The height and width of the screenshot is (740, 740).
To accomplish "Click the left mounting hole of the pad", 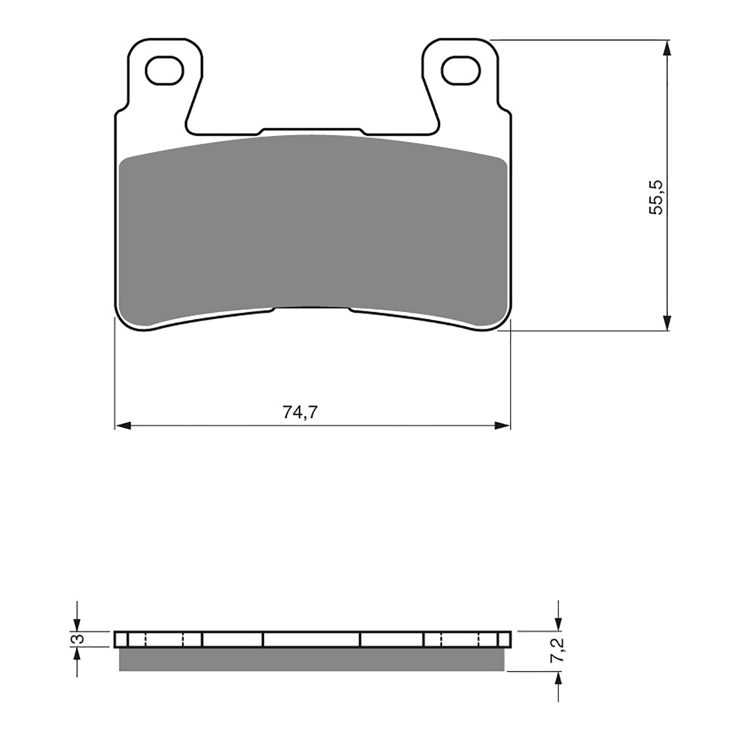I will click(x=165, y=70).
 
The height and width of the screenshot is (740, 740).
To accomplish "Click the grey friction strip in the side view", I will click(x=312, y=659).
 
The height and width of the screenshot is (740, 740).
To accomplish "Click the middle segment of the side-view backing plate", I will click(x=311, y=639).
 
